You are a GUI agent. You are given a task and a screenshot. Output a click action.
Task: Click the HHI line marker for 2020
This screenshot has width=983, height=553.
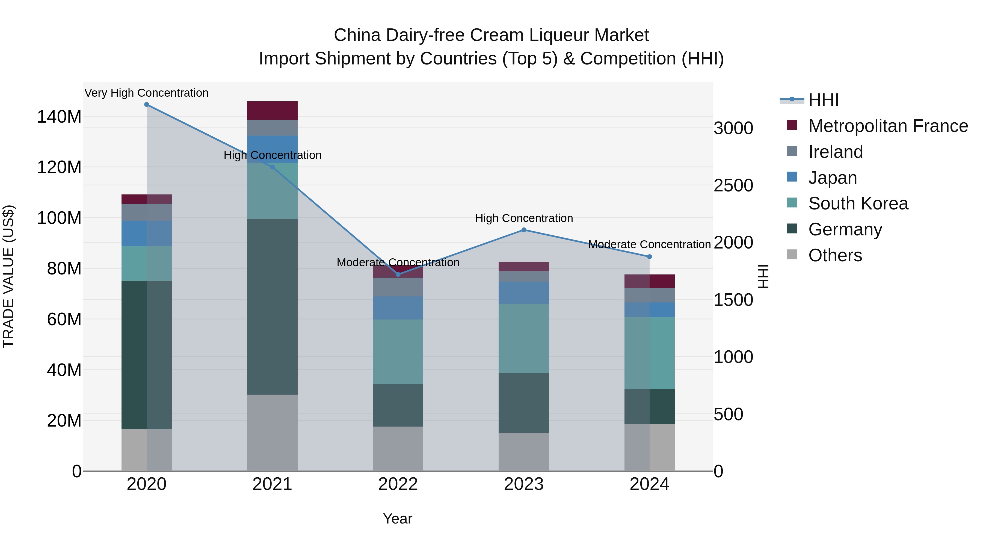pos(147,105)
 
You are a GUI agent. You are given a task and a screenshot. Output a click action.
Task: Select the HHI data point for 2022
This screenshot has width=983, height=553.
pos(398,274)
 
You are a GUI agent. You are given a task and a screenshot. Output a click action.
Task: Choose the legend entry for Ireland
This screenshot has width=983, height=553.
pos(835,152)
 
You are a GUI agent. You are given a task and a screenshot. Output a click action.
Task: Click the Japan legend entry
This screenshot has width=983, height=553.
pos(832,178)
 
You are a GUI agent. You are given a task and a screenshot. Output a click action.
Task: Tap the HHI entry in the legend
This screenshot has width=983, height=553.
pos(823,100)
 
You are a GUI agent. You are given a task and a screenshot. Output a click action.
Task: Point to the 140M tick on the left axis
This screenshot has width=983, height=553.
pos(59,116)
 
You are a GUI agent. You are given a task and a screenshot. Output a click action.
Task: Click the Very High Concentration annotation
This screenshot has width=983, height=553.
pos(147,93)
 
